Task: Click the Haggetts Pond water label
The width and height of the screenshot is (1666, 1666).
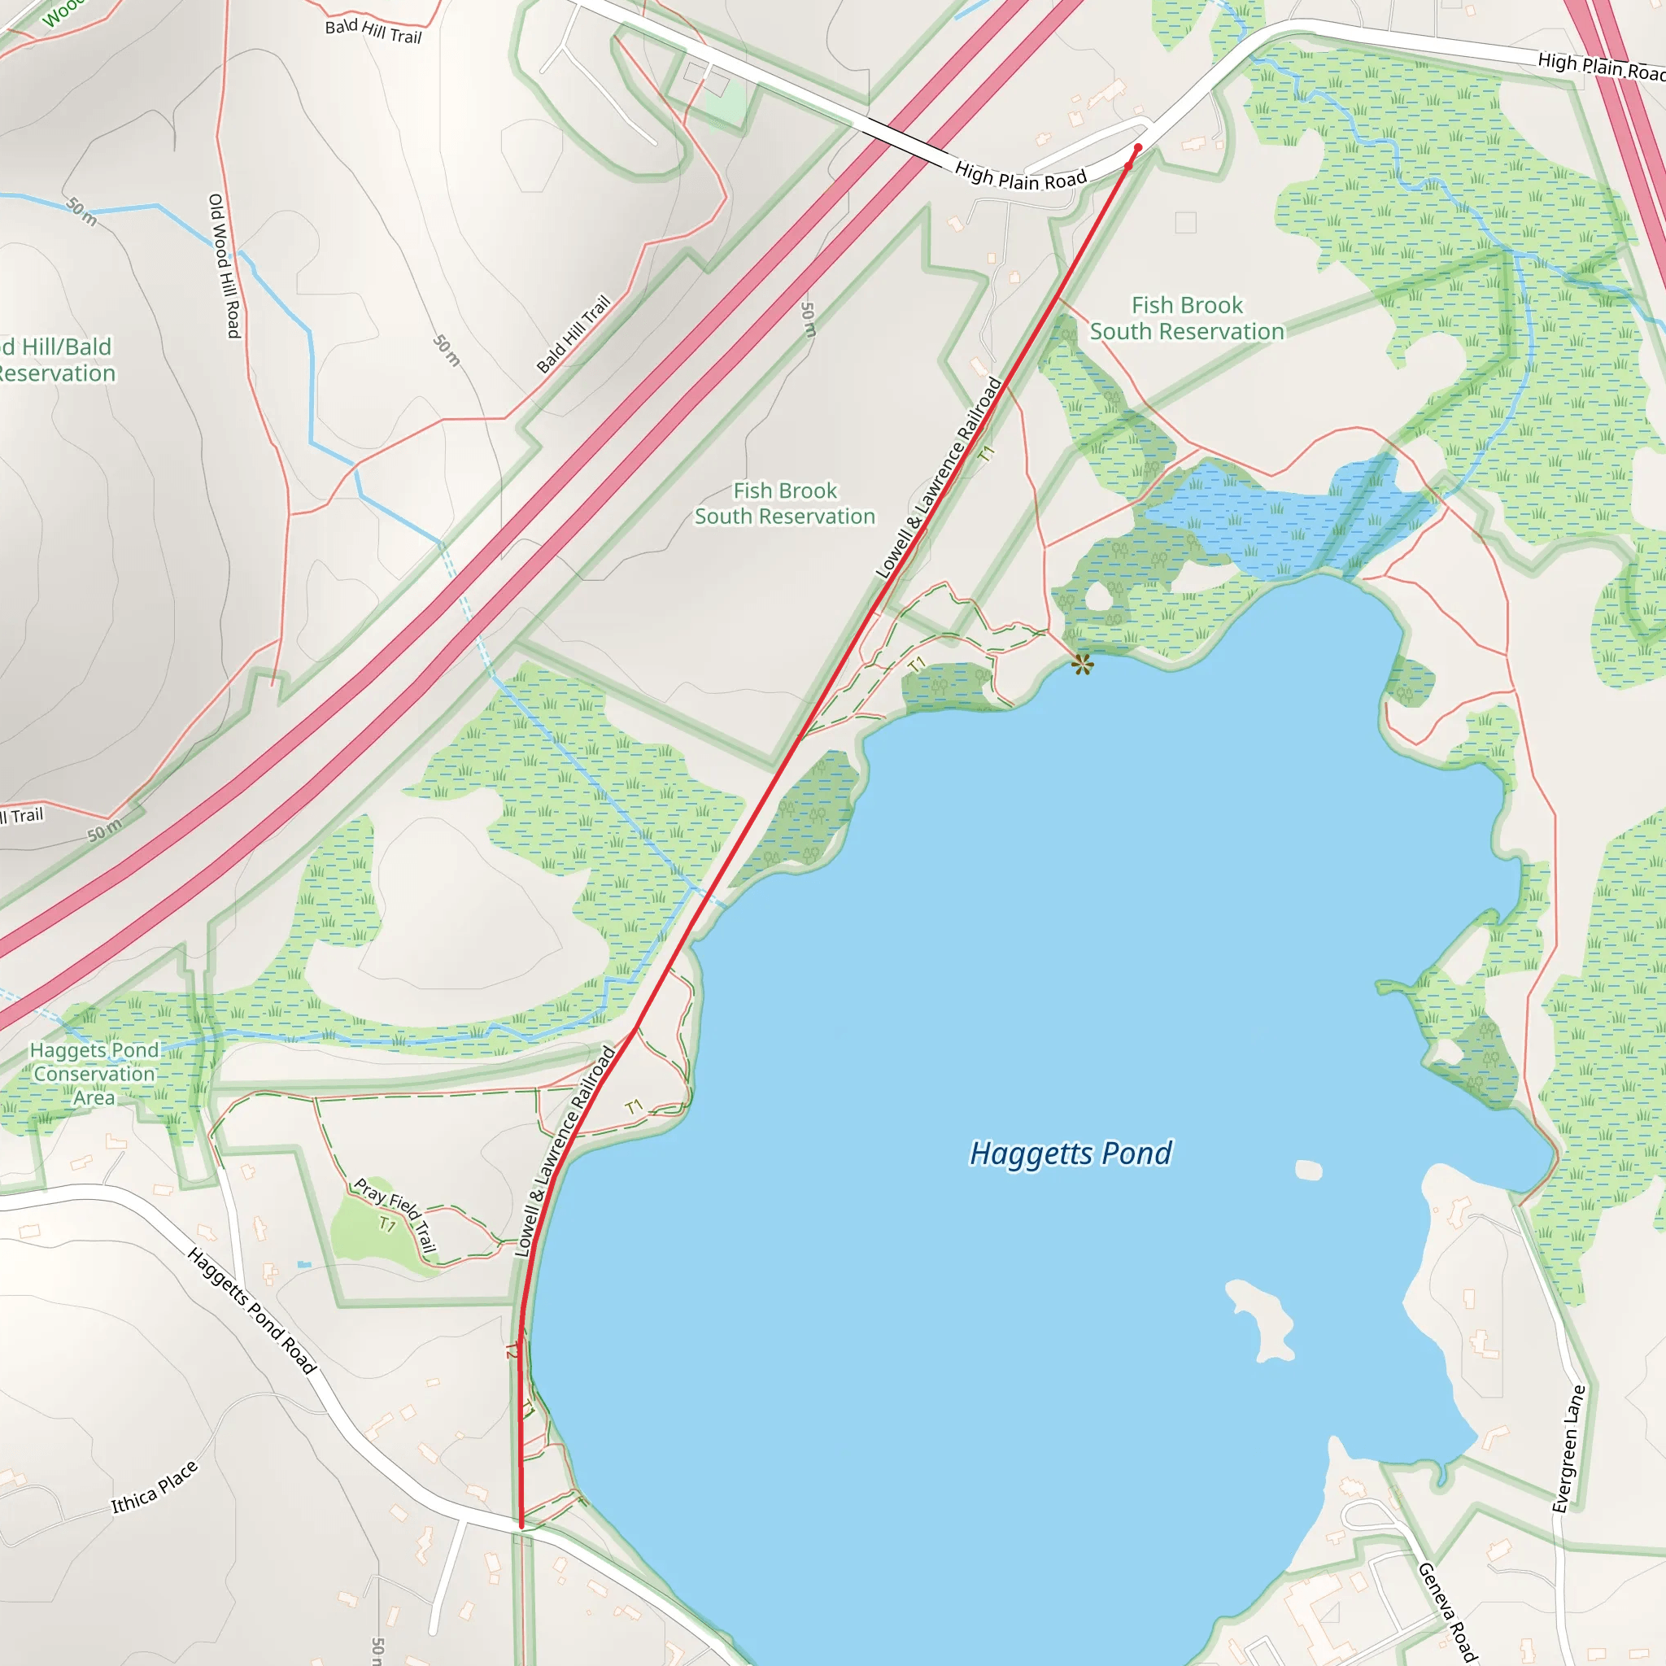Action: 1071,1154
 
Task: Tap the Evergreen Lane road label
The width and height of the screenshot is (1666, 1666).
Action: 1568,1449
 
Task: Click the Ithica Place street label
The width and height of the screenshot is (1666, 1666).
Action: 155,1488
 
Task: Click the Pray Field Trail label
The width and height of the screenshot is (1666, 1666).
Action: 396,1215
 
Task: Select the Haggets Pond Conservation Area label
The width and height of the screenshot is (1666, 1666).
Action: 95,1074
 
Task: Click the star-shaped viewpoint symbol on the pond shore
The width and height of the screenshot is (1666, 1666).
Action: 1082,664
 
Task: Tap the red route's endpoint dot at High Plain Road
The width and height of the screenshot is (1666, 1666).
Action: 1137,148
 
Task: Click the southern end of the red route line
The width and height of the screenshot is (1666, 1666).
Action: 521,1525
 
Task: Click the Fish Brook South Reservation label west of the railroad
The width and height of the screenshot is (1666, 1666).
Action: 785,504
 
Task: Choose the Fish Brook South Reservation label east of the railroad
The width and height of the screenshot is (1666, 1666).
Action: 1187,318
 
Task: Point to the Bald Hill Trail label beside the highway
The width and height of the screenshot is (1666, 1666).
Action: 574,334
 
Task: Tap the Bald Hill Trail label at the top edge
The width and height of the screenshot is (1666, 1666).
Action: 373,31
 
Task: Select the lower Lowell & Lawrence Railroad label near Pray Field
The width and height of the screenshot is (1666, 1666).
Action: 565,1151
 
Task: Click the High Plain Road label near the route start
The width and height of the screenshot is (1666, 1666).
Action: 1021,177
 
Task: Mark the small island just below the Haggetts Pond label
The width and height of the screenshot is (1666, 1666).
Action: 1308,1169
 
